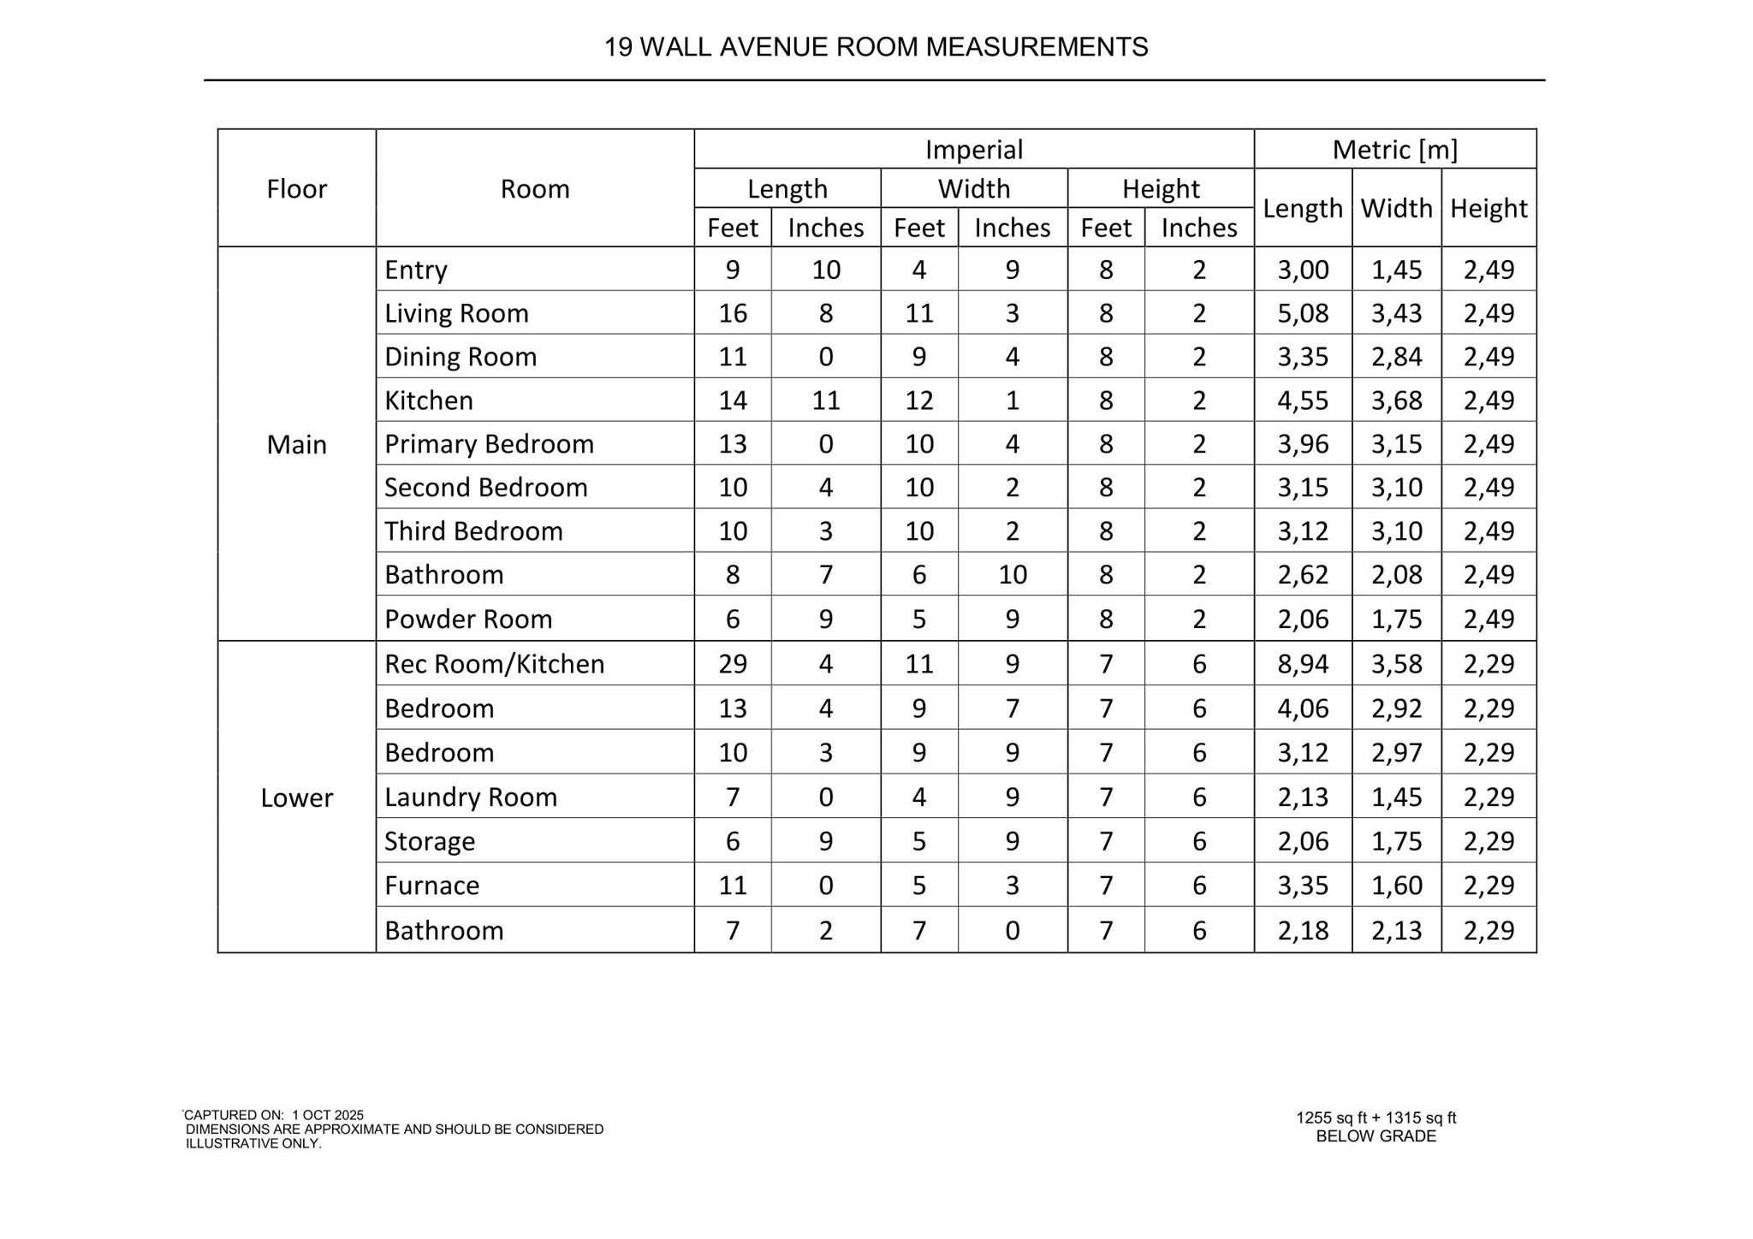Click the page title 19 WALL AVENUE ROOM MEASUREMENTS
pyautogui.click(x=876, y=47)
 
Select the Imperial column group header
pyautogui.click(x=973, y=150)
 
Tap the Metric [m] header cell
pyautogui.click(x=1394, y=150)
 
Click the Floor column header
pyautogui.click(x=296, y=188)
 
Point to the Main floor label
pyautogui.click(x=296, y=444)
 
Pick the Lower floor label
pyautogui.click(x=296, y=797)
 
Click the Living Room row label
pyautogui.click(x=456, y=313)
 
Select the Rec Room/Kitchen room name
pyautogui.click(x=494, y=664)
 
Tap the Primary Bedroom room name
pyautogui.click(x=489, y=444)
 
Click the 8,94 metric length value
pyautogui.click(x=1303, y=664)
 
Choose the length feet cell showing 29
pyautogui.click(x=733, y=664)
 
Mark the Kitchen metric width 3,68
pyautogui.click(x=1396, y=400)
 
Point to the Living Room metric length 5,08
pyautogui.click(x=1303, y=313)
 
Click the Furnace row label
pyautogui.click(x=431, y=885)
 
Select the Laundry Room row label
pyautogui.click(x=471, y=797)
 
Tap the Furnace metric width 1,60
pyautogui.click(x=1396, y=885)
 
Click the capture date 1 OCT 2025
pyautogui.click(x=328, y=1115)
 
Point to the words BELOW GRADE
pyautogui.click(x=1376, y=1136)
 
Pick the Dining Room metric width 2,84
pyautogui.click(x=1396, y=357)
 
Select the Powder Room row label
pyautogui.click(x=468, y=619)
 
